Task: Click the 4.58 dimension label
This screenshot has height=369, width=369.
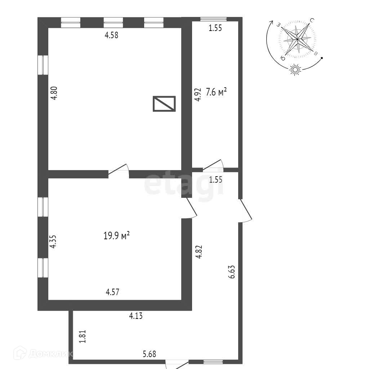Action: coord(111,35)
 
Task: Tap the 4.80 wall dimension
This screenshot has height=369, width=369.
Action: coord(54,94)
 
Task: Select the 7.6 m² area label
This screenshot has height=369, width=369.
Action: coord(216,93)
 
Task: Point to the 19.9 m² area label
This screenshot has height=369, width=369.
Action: coord(116,236)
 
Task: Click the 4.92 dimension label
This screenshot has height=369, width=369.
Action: coord(197,94)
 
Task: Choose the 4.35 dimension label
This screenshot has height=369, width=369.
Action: coord(53,241)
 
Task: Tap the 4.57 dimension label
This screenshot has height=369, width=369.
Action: coord(112,292)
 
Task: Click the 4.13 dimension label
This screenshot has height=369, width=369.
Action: coord(136,316)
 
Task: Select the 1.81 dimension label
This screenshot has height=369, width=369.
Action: coord(83,337)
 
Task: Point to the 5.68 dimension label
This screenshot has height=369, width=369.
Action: coord(149,354)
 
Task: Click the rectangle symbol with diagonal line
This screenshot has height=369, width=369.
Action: coord(164,103)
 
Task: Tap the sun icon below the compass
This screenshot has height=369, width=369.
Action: coord(295,70)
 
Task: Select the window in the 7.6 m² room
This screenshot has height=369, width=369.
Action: coord(214,19)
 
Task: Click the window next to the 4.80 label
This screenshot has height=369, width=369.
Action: coord(43,65)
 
